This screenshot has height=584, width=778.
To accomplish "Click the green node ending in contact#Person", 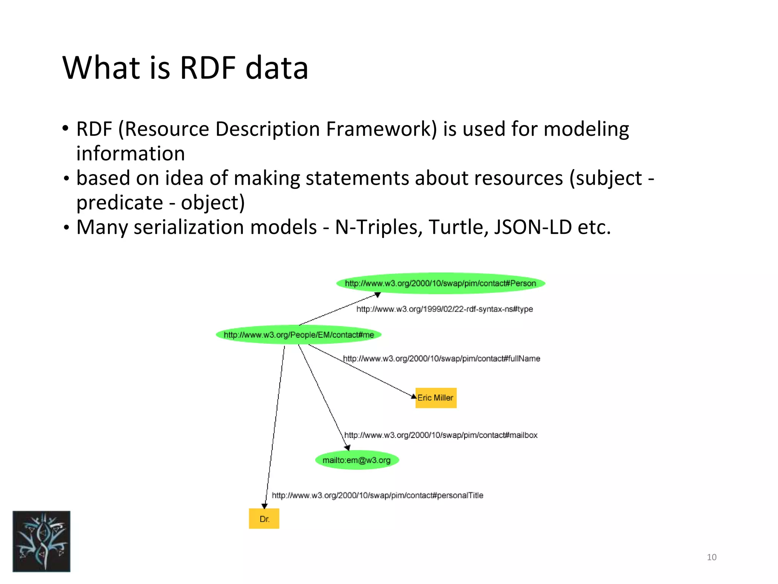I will tap(441, 283).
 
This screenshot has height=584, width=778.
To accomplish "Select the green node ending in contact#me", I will tap(299, 335).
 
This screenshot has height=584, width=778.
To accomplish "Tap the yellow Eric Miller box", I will tap(436, 398).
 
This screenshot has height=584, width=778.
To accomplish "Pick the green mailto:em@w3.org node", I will tap(357, 460).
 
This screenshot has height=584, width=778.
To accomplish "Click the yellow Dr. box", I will tap(264, 519).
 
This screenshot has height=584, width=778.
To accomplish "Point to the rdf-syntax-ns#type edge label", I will tap(444, 309).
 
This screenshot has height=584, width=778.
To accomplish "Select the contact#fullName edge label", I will tap(441, 359).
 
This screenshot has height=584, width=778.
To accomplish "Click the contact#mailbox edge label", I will tap(441, 435).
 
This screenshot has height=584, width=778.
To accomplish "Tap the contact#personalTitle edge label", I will tap(378, 495).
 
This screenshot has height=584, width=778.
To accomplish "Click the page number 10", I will tap(712, 557).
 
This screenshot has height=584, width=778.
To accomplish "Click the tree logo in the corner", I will tap(41, 541).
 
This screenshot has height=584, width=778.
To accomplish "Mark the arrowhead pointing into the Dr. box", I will tap(265, 506).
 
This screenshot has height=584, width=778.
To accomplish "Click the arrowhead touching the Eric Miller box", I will tap(414, 396).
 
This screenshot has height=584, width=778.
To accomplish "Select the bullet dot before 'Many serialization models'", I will tap(66, 228).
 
